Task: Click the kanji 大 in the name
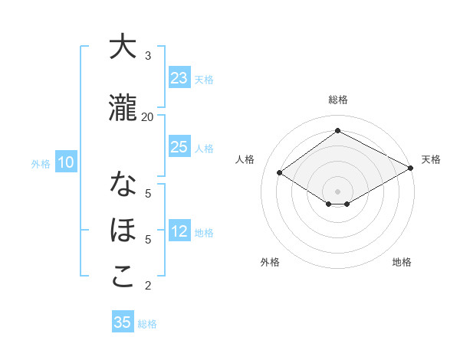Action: tap(123, 47)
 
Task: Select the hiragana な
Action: tap(123, 186)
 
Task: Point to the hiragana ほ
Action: tap(123, 231)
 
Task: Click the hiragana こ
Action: tap(123, 277)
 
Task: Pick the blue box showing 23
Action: tap(179, 78)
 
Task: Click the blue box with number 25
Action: tap(179, 147)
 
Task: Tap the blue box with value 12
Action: tap(179, 231)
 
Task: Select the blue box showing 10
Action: tap(66, 162)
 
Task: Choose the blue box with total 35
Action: tap(123, 322)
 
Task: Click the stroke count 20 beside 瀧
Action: tap(147, 116)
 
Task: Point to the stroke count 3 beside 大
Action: tap(148, 56)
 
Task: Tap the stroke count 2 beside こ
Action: tap(148, 286)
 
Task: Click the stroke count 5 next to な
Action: tap(148, 194)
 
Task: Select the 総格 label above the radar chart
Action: tap(337, 100)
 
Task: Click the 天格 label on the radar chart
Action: tap(431, 159)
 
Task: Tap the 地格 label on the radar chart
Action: tap(402, 262)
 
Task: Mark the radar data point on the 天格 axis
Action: tap(410, 169)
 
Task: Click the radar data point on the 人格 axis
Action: tap(280, 173)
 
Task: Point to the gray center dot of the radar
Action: tap(337, 190)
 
